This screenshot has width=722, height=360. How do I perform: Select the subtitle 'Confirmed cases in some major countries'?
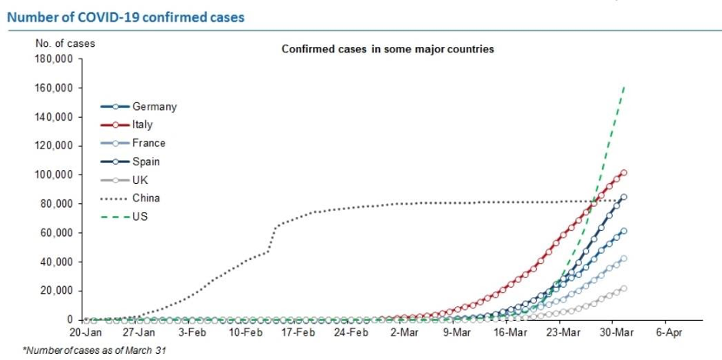(387, 49)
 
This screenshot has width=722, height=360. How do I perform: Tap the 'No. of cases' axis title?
(65, 44)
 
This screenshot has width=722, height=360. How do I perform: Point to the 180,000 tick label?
(54, 59)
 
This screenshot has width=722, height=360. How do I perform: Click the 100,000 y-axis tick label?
(54, 175)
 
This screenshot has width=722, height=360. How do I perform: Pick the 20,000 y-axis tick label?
(56, 291)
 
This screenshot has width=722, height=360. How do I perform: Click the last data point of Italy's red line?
(624, 173)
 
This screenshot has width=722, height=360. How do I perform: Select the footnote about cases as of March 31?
(94, 350)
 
